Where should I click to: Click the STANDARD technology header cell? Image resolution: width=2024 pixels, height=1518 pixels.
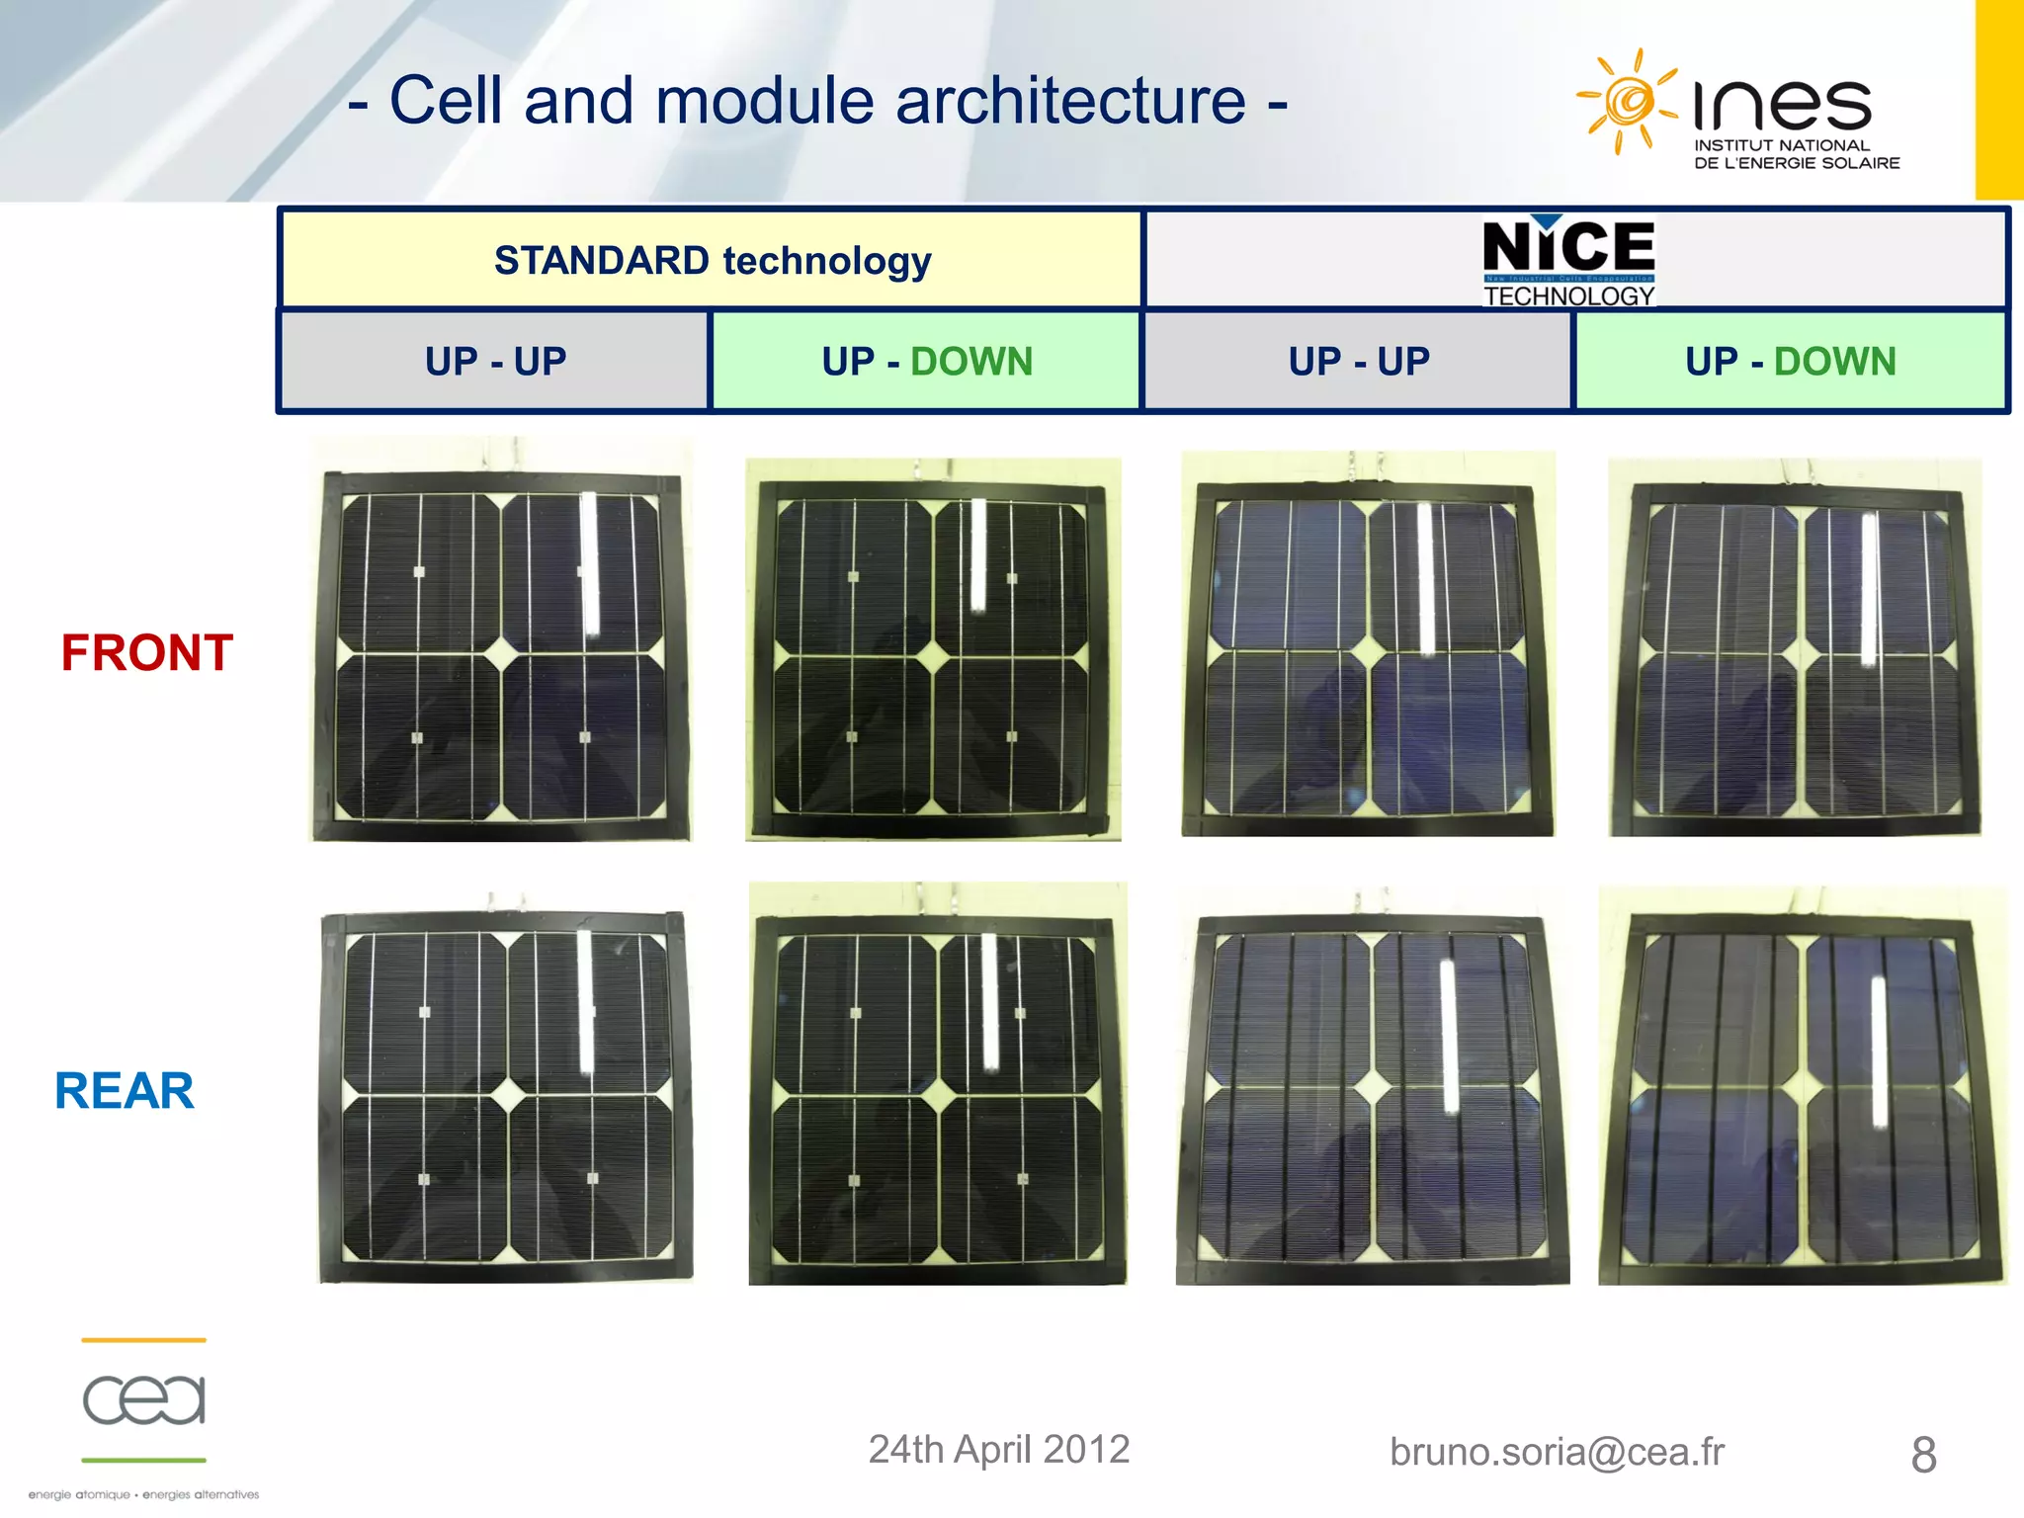(712, 261)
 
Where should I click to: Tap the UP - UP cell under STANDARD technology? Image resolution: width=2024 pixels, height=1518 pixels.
(495, 362)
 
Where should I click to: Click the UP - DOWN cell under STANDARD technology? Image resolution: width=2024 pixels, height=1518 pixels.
(926, 362)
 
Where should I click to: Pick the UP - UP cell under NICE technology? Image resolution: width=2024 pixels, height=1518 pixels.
(1358, 362)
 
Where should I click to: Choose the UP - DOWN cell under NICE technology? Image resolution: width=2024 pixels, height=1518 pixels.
(1790, 362)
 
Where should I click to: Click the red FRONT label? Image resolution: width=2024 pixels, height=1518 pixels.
(147, 653)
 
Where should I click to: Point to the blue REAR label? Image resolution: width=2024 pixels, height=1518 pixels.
(125, 1091)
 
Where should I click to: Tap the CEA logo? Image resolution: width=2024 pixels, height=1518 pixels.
(144, 1399)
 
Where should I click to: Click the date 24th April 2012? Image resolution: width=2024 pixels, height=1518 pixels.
(998, 1450)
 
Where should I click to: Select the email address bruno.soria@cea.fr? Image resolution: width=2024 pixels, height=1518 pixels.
(1557, 1452)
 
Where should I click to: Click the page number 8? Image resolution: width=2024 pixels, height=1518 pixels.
(1923, 1455)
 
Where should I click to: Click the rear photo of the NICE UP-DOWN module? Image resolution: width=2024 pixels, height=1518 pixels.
(1801, 1087)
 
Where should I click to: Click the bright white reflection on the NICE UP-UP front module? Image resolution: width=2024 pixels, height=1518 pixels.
(1426, 578)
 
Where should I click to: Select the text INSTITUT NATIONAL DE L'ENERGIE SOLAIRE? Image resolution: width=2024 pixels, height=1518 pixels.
(1796, 154)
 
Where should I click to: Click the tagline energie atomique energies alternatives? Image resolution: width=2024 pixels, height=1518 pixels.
(144, 1494)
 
